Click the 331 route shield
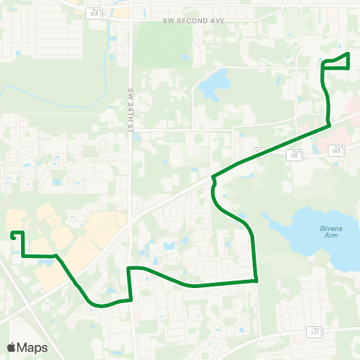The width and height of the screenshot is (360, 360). pos(315,331)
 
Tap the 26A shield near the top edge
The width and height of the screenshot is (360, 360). pos(93,13)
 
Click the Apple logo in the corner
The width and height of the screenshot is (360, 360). pos(11,347)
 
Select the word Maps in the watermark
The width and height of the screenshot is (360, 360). pos(32,347)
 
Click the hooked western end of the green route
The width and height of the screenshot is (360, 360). pos(13,235)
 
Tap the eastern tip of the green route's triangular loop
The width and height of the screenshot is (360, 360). pos(349,55)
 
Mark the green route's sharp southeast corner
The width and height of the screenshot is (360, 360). pos(257,281)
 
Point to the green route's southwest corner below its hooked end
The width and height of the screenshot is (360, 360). pos(23,256)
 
